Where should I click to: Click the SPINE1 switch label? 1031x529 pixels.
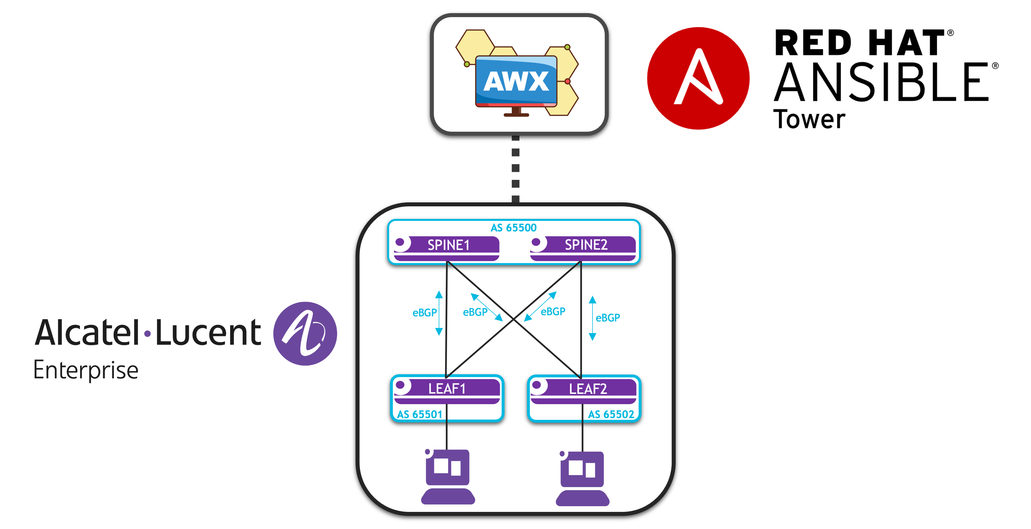[x=448, y=245]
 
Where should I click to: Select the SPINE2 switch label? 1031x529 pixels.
[x=586, y=244]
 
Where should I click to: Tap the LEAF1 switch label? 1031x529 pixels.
[x=447, y=388]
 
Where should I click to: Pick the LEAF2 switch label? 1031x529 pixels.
[x=588, y=389]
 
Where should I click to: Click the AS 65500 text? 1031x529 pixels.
[x=514, y=228]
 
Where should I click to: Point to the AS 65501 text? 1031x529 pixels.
[x=420, y=414]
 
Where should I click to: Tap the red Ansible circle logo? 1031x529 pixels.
[x=698, y=78]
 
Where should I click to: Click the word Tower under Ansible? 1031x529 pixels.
[x=809, y=119]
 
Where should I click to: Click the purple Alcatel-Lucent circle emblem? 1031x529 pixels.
[x=305, y=333]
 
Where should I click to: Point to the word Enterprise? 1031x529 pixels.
[x=86, y=370]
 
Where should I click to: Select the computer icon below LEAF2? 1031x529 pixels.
[x=582, y=479]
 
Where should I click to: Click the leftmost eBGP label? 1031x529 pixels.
[x=424, y=313]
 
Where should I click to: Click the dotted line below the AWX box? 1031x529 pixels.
[x=515, y=168]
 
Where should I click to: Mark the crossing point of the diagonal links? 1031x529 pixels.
[x=514, y=320]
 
